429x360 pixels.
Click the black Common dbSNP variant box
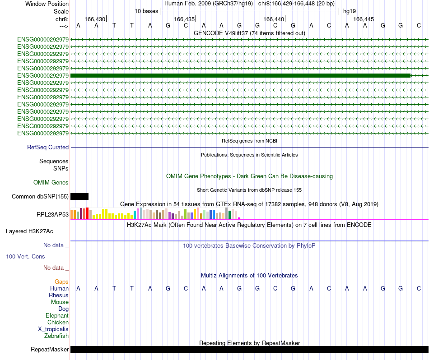(79, 196)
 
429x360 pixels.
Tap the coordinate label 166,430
(95, 19)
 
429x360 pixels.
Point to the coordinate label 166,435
(184, 19)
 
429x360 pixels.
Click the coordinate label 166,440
(274, 19)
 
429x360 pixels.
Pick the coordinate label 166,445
(364, 19)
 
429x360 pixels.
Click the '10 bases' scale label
(146, 11)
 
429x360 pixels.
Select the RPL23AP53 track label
(53, 214)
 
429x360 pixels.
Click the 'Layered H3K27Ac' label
(29, 231)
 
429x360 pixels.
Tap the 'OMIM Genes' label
(51, 183)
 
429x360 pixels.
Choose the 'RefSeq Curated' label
(48, 147)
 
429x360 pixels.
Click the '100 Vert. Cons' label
(25, 256)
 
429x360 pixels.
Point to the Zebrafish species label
(56, 336)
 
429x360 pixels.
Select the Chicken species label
(58, 322)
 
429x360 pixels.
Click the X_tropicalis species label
(53, 329)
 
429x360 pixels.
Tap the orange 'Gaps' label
(61, 282)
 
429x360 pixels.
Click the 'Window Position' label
(47, 4)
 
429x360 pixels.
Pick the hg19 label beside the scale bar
(350, 11)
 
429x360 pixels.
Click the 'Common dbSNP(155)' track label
(40, 196)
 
